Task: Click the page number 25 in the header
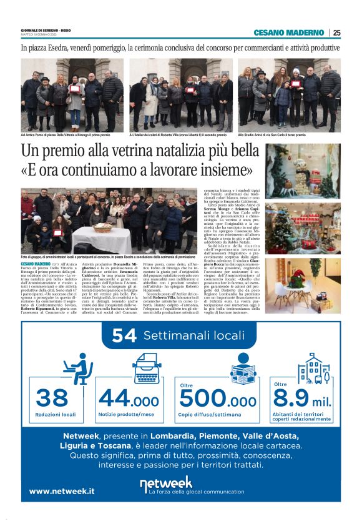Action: tap(336, 32)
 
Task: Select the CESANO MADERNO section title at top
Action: tap(288, 32)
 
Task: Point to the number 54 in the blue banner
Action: tap(124, 336)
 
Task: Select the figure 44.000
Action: tap(129, 397)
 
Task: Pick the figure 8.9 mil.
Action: tap(303, 397)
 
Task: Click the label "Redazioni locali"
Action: tap(56, 414)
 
